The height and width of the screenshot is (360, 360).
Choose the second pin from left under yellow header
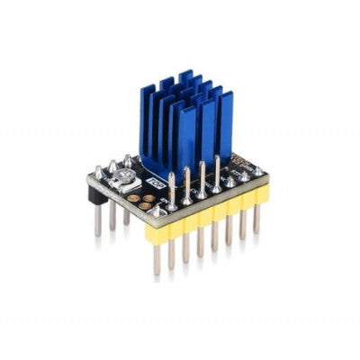172,251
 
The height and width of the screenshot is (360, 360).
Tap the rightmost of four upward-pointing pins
217,166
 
